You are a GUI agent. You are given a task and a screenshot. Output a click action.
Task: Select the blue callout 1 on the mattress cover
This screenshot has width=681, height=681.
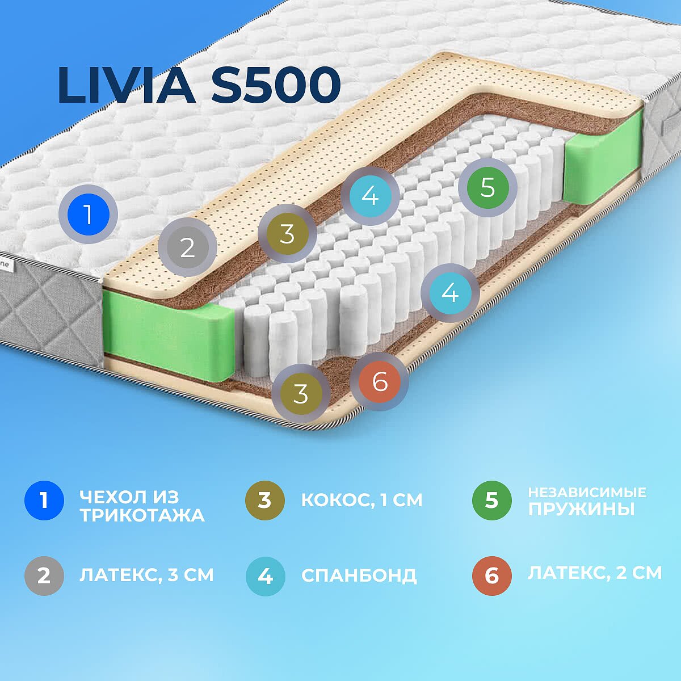coord(88,215)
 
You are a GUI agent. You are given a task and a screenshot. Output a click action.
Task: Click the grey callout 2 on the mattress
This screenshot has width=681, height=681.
coord(187,248)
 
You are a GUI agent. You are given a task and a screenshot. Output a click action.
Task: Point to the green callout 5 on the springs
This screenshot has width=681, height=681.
coord(487,187)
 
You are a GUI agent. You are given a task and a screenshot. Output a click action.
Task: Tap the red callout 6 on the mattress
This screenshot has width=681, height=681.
coord(379,381)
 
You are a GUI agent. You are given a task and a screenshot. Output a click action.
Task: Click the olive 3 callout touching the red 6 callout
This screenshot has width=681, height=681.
coord(300,393)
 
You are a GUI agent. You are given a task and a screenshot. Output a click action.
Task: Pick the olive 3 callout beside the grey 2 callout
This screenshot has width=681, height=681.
coord(287,233)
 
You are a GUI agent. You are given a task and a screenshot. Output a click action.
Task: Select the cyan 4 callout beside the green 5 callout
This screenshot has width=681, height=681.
coord(370,196)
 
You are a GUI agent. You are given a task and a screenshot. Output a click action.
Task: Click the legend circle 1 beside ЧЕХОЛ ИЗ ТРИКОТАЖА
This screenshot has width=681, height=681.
coord(44,501)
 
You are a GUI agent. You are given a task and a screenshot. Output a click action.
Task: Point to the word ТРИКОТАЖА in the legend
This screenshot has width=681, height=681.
coord(142,515)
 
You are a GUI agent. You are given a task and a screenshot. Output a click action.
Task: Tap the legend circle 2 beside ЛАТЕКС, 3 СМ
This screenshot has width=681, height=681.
coord(44,576)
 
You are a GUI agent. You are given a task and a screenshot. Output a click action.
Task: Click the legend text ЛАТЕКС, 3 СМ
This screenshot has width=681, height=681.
coord(146,575)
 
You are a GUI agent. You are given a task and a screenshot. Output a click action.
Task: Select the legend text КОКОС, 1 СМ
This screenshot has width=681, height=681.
coord(361,500)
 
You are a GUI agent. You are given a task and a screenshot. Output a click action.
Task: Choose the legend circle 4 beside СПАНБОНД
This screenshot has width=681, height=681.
coord(265,576)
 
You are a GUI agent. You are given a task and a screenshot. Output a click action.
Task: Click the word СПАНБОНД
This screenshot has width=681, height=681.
coord(359,575)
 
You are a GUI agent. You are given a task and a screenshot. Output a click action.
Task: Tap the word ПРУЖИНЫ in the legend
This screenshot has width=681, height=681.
coord(581,508)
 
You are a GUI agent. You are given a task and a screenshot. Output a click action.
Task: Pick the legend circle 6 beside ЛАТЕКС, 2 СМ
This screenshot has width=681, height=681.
coord(491,576)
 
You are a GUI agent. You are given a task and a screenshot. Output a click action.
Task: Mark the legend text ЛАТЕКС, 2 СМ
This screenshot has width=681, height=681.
coord(595,573)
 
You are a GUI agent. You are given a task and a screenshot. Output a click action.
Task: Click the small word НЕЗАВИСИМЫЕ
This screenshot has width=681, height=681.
coord(587,492)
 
